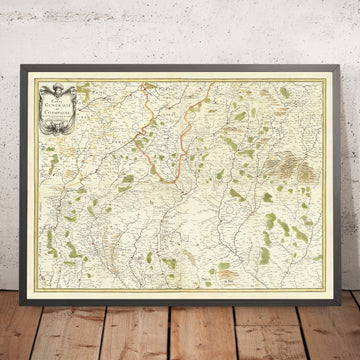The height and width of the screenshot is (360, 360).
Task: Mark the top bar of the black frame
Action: pos(180,71)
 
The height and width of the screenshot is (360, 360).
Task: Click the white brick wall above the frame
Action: pos(180,30)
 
